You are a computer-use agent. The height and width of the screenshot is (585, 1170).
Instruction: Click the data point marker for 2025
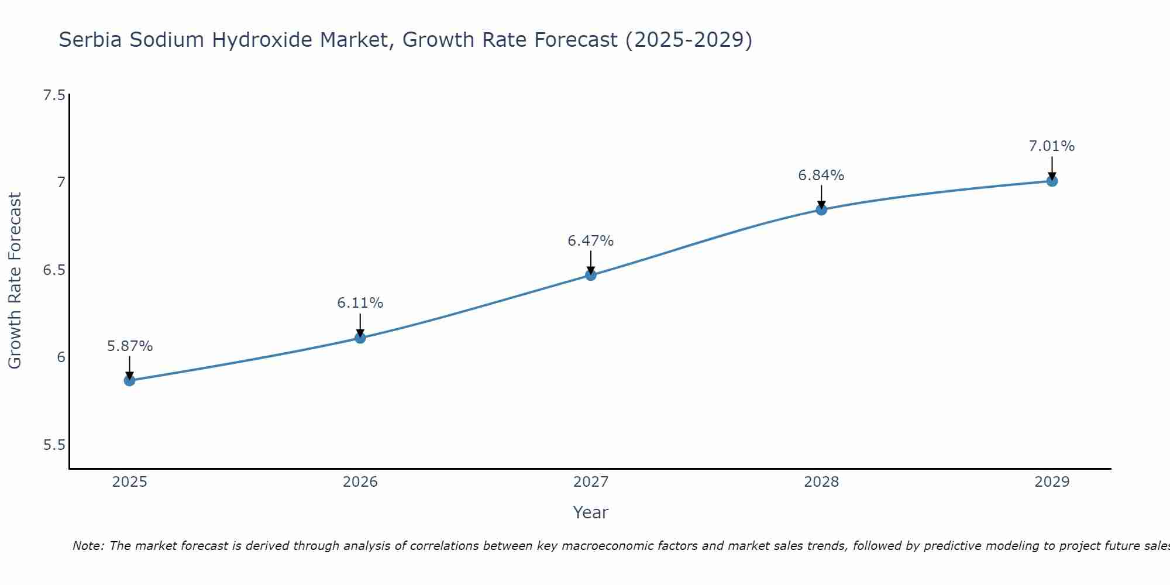129,380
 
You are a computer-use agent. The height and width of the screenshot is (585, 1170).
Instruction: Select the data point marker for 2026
360,338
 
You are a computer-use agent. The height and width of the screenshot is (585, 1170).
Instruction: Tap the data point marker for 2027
590,275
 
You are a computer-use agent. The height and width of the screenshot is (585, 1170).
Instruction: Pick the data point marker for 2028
821,209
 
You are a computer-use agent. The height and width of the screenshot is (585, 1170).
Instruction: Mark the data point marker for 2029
1051,181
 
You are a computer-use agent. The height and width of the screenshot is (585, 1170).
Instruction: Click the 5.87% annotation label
129,346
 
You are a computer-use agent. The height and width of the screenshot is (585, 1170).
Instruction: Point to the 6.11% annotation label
360,303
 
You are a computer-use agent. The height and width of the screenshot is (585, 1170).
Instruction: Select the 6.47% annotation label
590,241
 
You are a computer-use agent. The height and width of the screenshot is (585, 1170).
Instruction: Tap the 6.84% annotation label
821,175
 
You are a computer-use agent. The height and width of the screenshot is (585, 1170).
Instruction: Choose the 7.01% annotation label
1051,146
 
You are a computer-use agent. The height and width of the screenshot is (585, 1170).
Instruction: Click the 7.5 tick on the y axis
54,95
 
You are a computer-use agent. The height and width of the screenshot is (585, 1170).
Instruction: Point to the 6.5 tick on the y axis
54,270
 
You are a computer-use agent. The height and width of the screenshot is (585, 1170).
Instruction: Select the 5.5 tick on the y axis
54,445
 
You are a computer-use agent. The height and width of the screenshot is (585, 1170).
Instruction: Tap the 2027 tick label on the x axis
590,482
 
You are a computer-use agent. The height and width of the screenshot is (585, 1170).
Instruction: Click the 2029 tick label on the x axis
1051,482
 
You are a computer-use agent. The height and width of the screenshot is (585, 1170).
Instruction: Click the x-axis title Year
590,512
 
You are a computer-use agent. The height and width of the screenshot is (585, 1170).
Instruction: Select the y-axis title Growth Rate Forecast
15,281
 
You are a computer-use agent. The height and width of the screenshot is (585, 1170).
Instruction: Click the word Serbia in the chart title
91,40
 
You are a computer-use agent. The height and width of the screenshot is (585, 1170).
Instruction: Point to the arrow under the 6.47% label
590,262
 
